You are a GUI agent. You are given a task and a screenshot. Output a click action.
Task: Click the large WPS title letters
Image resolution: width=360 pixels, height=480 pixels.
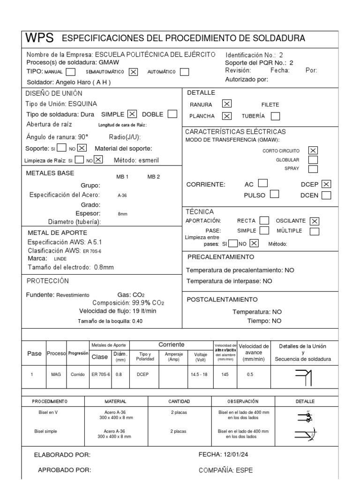40,38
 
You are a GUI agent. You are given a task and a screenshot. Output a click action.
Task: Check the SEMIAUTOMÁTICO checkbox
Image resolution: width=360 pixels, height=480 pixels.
133,72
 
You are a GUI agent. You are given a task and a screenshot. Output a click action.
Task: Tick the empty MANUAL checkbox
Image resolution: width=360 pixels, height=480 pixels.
71,72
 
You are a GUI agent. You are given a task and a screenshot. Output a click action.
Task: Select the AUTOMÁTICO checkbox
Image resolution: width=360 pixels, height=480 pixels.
185,72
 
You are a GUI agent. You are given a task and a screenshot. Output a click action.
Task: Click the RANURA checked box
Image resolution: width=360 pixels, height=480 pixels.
227,104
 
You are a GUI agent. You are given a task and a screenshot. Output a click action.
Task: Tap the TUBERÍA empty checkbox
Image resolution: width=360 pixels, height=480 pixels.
276,116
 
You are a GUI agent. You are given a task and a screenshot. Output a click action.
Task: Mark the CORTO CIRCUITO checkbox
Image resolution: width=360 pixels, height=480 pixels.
313,150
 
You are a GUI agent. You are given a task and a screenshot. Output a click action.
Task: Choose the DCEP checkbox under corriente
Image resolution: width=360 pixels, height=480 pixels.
327,184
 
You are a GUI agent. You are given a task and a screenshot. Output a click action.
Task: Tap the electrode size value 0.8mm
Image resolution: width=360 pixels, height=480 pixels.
104,267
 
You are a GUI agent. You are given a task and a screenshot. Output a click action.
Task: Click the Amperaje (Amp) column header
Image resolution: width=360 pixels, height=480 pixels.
173,357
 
